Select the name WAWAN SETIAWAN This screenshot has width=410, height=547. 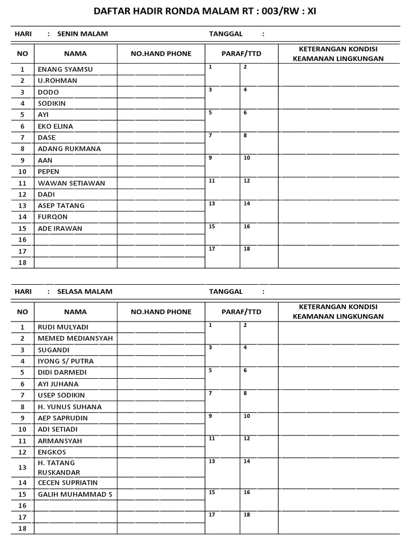[x=72, y=183]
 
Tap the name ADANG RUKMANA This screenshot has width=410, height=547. [x=69, y=149]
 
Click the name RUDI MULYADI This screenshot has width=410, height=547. [x=63, y=327]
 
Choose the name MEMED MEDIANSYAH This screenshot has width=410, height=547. [x=75, y=338]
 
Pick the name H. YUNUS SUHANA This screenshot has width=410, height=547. [x=69, y=407]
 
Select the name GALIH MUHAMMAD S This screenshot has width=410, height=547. [x=75, y=494]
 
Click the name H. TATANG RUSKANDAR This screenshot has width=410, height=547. [x=59, y=467]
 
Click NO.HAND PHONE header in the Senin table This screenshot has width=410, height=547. [x=161, y=53]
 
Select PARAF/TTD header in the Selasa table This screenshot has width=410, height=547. [x=241, y=311]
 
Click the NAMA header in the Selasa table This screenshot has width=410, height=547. [x=75, y=311]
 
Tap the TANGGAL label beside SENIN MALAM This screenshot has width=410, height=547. [x=226, y=34]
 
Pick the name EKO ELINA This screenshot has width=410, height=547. [x=56, y=127]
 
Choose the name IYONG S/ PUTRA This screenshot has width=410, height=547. [x=66, y=361]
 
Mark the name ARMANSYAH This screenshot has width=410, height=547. [x=60, y=441]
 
